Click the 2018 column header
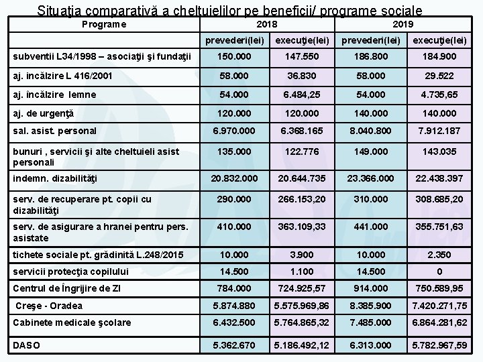(268, 23)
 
